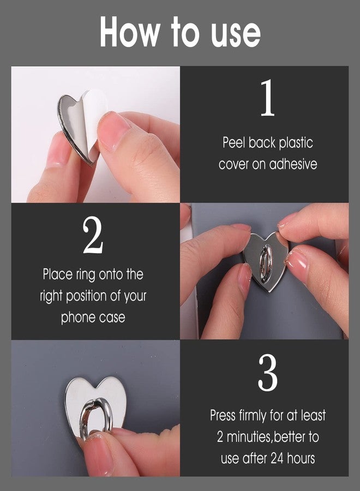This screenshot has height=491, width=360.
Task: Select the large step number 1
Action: pyautogui.click(x=267, y=98)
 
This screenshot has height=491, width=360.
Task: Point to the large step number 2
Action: pyautogui.click(x=93, y=236)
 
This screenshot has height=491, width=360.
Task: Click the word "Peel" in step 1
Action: pyautogui.click(x=234, y=143)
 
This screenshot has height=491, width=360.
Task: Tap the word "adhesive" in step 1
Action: pyautogui.click(x=292, y=164)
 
